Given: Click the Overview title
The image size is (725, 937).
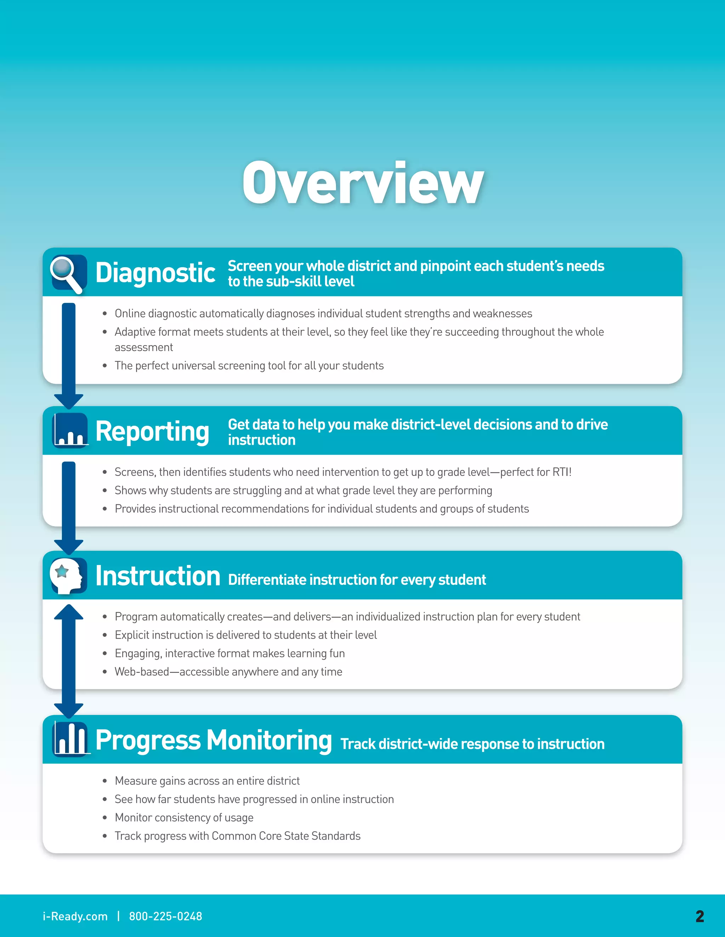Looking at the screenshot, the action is [x=363, y=183].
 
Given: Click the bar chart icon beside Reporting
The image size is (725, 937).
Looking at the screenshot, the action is [x=70, y=430].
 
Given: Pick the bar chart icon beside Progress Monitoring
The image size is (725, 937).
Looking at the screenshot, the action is [x=70, y=739].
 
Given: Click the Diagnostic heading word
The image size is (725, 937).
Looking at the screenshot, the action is [x=155, y=273].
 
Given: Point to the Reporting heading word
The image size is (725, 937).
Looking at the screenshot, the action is [x=152, y=432].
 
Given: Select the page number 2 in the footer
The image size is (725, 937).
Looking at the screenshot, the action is [x=700, y=916].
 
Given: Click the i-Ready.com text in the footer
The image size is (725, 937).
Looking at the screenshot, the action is [x=75, y=916].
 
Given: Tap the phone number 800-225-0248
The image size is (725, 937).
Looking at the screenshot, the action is [x=165, y=916].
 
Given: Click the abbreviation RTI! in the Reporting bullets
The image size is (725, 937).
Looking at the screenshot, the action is [x=562, y=472].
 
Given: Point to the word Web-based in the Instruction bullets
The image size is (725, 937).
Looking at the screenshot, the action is [x=142, y=671].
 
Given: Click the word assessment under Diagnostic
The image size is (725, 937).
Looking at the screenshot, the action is [x=143, y=347].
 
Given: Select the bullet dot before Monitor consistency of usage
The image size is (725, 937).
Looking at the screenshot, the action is [x=104, y=818].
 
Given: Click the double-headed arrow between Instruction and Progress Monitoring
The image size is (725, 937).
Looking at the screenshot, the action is [x=69, y=661].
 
